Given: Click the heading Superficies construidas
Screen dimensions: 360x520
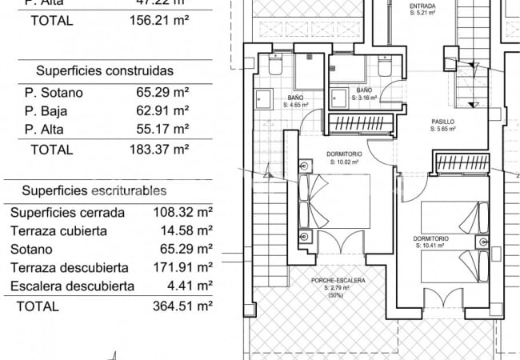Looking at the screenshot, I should coord(105,70).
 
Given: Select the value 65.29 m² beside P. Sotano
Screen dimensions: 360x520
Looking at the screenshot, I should coord(162,92).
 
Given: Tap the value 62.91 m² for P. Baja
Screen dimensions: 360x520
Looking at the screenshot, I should coord(162,110).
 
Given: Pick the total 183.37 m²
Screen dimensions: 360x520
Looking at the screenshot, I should coord(159,149).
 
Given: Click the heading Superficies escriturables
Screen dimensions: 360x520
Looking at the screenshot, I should coord(94,191).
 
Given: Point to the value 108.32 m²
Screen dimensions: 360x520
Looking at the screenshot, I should coord(182,213).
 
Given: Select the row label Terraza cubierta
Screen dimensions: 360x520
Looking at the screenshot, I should coord(58,231).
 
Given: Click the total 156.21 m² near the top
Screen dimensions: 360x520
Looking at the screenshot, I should coord(159,21).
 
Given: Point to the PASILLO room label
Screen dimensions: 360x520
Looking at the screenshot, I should coord(442,122).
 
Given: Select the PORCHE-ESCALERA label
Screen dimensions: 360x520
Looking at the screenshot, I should coord(338,281).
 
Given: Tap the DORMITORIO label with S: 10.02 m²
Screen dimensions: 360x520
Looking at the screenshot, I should coord(345,154).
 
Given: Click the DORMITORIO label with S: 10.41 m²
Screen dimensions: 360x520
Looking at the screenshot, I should coord(431,238).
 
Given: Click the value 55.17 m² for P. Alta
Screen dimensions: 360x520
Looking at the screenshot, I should coord(162,129).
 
